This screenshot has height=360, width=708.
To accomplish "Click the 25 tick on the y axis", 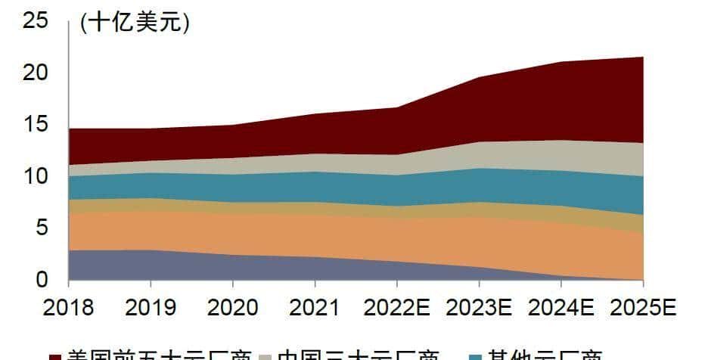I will click(36, 20).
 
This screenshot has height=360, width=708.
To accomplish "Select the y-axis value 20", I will click(36, 73).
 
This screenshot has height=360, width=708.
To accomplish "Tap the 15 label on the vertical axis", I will click(36, 124).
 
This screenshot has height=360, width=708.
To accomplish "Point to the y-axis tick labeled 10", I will click(36, 176).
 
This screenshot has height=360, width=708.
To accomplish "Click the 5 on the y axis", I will click(42, 228).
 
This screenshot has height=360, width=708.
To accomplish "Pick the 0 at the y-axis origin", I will click(42, 279).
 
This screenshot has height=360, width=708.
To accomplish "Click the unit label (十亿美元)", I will click(135, 23).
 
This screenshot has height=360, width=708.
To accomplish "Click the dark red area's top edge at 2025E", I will click(643, 57).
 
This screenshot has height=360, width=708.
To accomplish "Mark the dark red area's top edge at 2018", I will click(69, 129).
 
